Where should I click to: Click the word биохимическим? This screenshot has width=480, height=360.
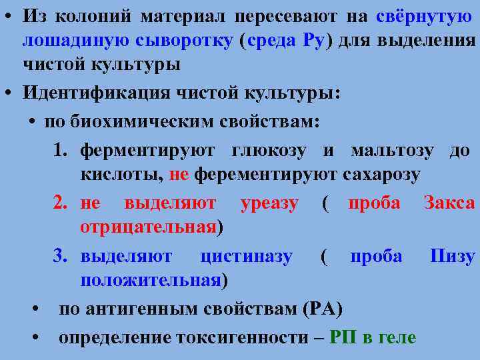click(144, 123)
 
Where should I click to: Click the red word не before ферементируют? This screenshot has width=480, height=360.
click(179, 175)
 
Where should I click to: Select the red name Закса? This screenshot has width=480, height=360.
click(449, 203)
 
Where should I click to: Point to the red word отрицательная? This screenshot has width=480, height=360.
click(149, 227)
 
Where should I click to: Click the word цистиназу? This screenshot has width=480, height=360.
click(245, 256)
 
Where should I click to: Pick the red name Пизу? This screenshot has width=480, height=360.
click(452, 256)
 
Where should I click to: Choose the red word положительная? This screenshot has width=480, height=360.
click(150, 280)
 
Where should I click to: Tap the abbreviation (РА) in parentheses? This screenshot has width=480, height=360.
click(323, 309)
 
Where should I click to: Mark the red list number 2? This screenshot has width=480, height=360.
click(62, 203)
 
